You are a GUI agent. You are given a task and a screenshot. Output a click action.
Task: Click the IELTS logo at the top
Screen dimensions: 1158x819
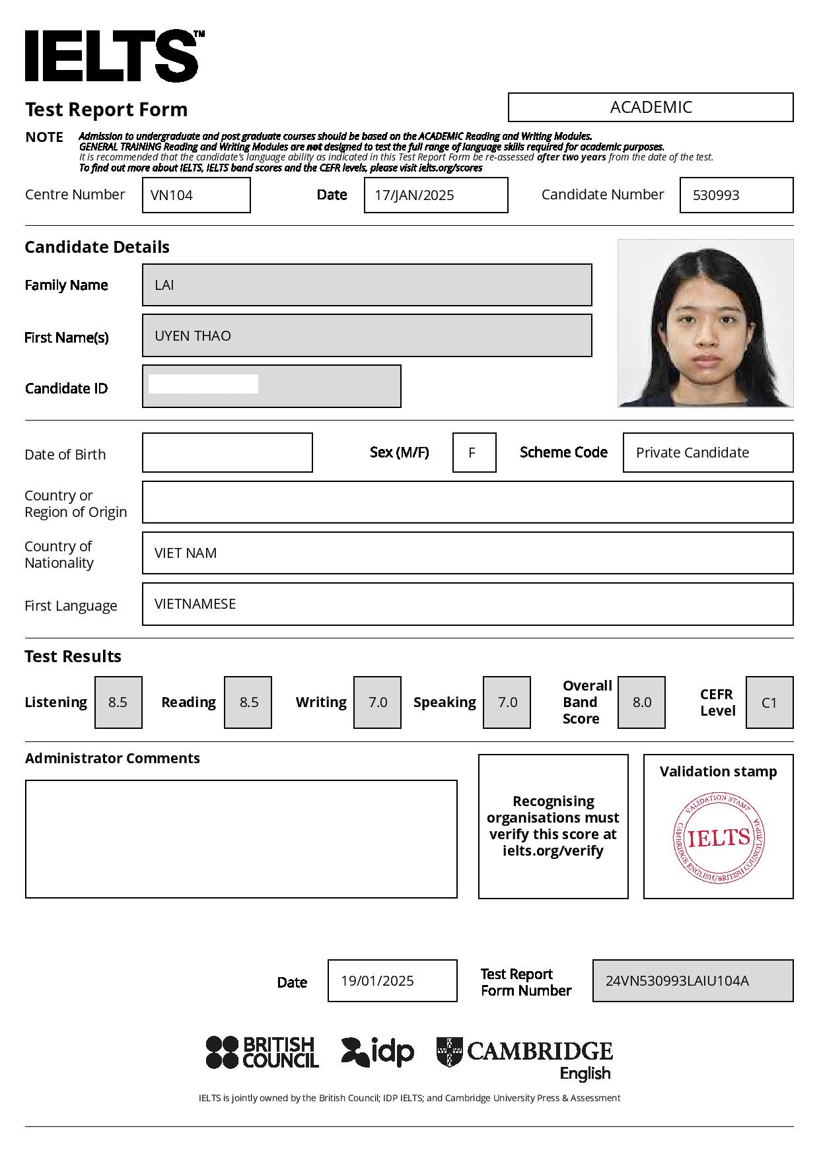[112, 56]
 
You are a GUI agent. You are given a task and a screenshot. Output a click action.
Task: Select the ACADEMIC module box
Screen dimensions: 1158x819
[651, 107]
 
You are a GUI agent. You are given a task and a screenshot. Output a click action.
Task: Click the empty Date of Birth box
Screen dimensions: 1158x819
[227, 453]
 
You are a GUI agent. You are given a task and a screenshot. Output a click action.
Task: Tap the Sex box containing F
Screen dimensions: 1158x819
[474, 453]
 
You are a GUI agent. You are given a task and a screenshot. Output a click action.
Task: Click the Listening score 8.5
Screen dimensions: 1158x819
[118, 702]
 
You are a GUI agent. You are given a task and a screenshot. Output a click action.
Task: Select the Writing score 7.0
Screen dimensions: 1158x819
[377, 702]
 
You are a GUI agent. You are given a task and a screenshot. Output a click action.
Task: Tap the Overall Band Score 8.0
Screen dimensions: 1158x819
[641, 702]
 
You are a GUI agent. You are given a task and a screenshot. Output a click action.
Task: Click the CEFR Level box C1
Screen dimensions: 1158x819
[769, 702]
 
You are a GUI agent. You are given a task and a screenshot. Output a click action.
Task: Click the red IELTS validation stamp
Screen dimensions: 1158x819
[719, 838]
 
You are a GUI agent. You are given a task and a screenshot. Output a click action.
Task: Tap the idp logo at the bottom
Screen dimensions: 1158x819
[378, 1052]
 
